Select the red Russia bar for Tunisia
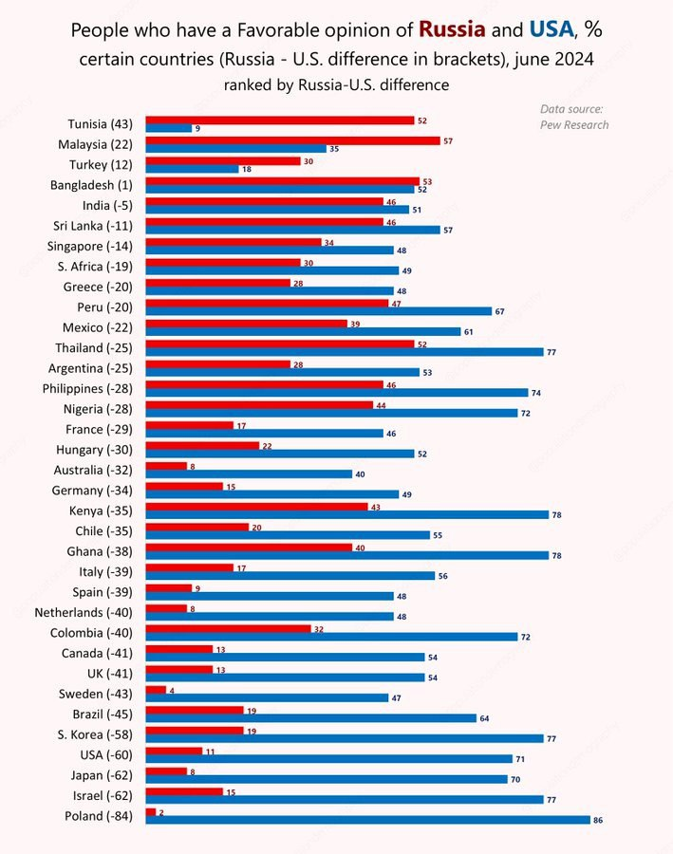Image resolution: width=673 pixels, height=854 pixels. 279,120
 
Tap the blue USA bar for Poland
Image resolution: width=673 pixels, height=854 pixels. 367,820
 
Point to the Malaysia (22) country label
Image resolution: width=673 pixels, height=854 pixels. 95,144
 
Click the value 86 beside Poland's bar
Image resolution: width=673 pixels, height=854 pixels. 598,820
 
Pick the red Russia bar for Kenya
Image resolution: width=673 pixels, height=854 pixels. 256,506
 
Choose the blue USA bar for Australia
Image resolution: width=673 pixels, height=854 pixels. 249,474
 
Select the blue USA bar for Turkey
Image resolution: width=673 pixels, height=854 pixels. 192,169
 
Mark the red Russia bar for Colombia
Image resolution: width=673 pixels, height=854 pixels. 228,628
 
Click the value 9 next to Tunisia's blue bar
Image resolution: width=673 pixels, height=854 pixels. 197,128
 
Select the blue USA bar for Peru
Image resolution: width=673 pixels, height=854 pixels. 318,311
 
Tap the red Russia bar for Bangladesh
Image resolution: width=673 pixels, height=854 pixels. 282,180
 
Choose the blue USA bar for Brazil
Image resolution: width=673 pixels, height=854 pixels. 310,718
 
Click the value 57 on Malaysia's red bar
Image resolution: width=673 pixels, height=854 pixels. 447,140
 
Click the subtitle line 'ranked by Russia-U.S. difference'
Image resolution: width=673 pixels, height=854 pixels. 336,85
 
